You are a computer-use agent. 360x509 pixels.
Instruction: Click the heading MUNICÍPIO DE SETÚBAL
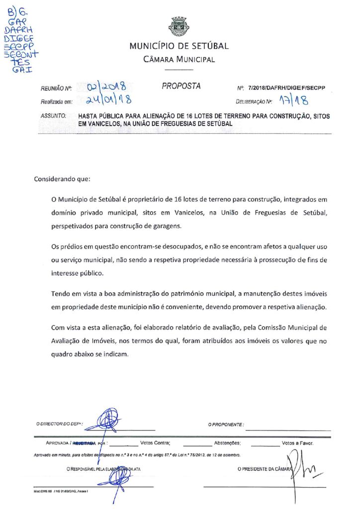coord(179,47)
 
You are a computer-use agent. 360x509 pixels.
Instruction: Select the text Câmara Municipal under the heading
coord(179,60)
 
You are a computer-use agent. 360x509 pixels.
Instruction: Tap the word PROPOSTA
coord(181,86)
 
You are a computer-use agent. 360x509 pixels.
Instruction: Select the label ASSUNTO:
coord(53,116)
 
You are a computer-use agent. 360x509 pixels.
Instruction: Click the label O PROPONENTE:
coord(226,424)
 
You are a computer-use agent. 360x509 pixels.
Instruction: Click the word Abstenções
coord(227,442)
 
